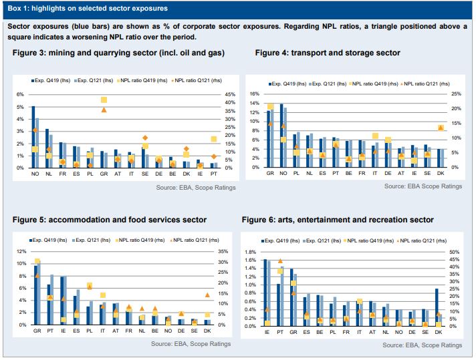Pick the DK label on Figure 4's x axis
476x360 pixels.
pos(439,173)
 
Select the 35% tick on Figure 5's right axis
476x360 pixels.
pos(223,252)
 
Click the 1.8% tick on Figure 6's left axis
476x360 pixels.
pos(251,252)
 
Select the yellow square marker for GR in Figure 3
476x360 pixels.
pos(104,100)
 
